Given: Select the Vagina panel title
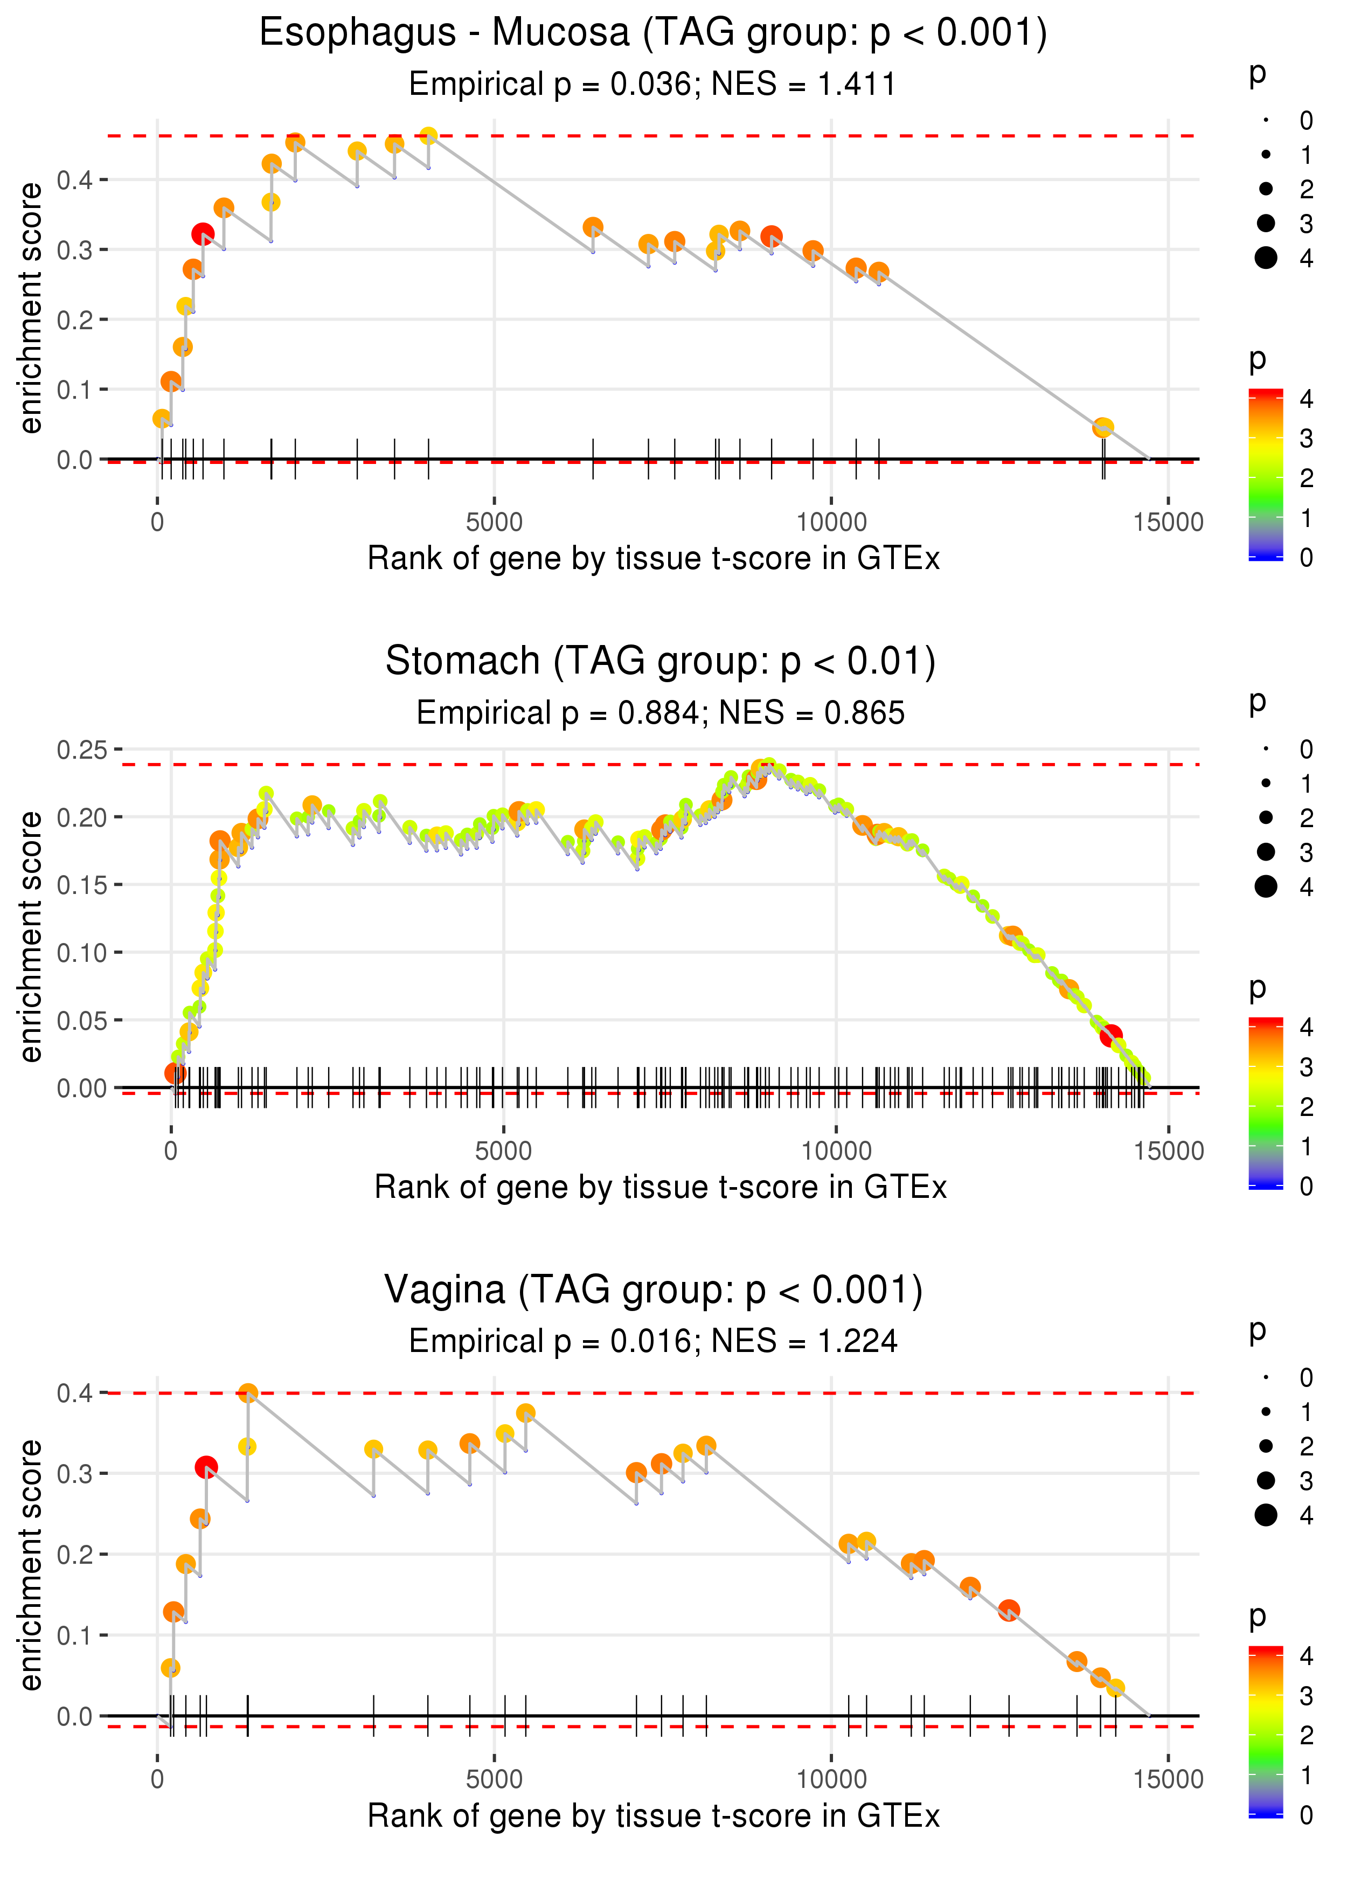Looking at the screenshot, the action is tap(654, 1291).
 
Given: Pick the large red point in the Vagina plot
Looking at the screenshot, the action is tap(206, 1467).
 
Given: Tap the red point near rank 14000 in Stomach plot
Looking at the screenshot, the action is tap(1110, 1036).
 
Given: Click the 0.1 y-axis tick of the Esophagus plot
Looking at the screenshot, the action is tap(75, 390).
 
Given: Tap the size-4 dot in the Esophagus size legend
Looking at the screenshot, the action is tap(1266, 258).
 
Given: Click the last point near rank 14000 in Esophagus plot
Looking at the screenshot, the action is tap(1102, 428).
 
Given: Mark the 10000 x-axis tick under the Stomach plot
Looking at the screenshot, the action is tap(836, 1151).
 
